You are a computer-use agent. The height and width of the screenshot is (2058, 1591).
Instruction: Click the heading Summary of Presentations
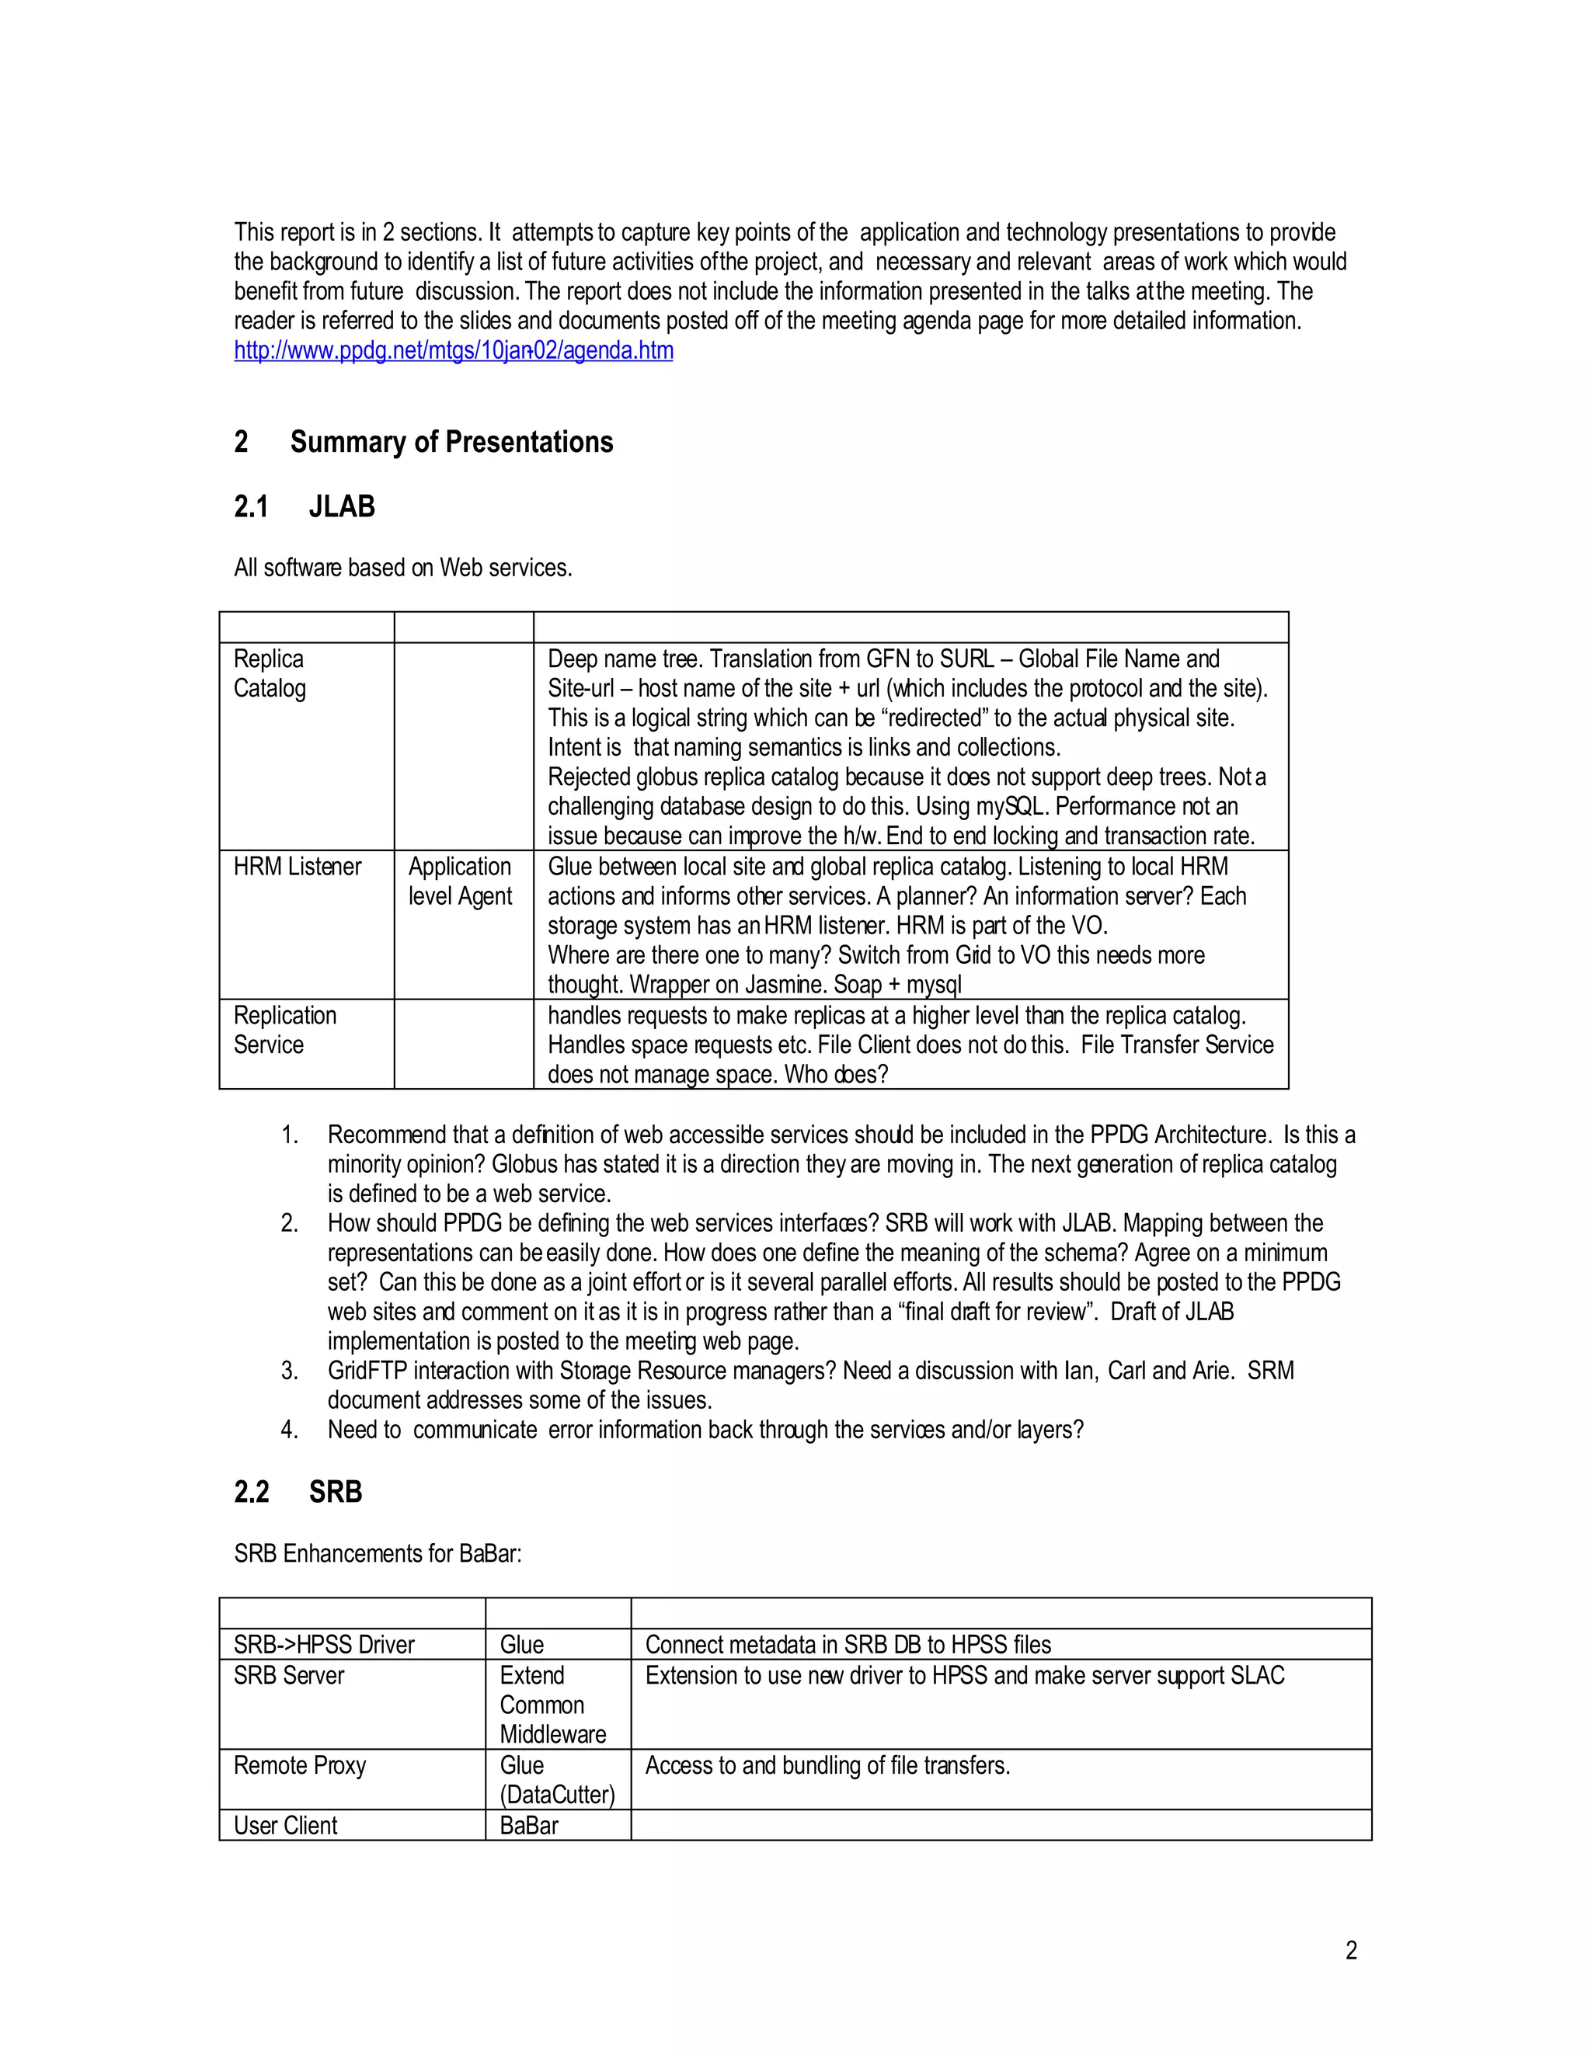(x=451, y=442)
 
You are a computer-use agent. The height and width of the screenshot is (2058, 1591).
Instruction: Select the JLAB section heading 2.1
(x=304, y=507)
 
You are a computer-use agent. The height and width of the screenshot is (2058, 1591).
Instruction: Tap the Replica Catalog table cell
(x=270, y=674)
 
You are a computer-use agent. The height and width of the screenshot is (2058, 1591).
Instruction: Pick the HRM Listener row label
(x=297, y=867)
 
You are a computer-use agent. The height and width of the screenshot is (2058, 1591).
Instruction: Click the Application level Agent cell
(x=460, y=881)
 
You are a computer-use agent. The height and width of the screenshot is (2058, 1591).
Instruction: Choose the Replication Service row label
(x=284, y=1030)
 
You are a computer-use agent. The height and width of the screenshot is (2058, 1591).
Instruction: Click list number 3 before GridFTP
(x=289, y=1371)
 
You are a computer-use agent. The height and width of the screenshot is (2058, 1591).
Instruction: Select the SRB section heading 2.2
(x=298, y=1492)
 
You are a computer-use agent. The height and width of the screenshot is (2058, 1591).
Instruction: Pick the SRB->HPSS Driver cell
(x=324, y=1646)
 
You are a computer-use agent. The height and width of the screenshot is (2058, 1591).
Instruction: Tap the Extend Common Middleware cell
(x=552, y=1705)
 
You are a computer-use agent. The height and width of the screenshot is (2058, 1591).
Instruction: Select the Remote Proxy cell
(x=300, y=1766)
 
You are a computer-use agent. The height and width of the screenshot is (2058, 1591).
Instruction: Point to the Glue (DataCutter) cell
(x=556, y=1780)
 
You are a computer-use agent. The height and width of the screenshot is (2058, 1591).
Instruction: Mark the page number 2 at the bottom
(x=1351, y=1951)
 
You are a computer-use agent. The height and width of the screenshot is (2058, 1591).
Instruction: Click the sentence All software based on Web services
(x=403, y=568)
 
